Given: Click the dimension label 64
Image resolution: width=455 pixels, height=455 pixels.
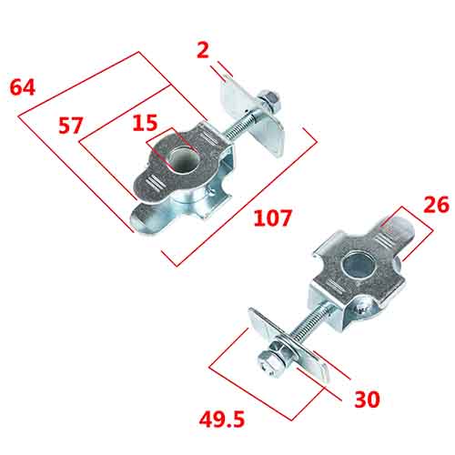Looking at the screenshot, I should (24, 88).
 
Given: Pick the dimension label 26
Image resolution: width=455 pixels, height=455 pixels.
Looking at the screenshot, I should (436, 206).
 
